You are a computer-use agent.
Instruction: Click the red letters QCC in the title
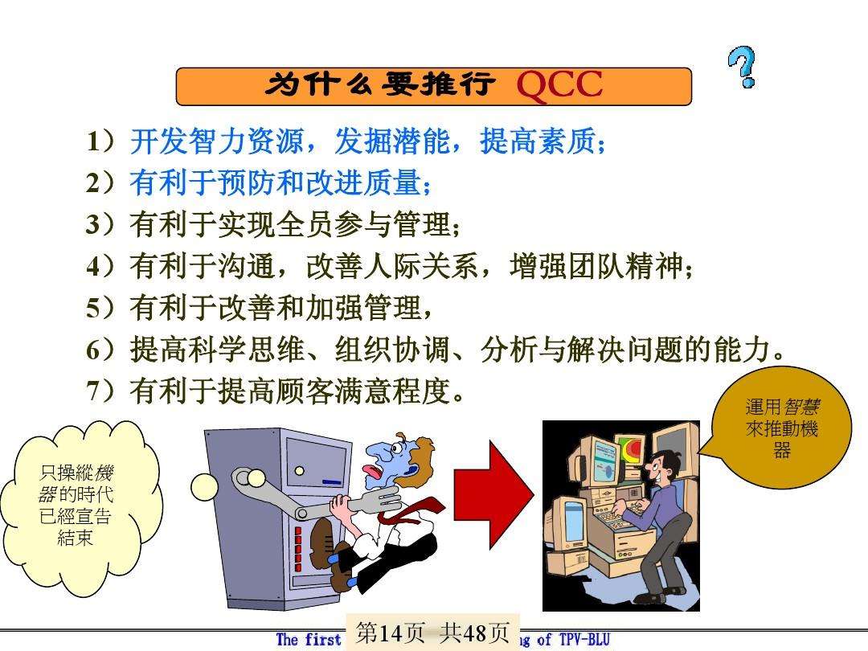click(x=559, y=86)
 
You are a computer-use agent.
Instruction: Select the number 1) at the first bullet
click(x=103, y=143)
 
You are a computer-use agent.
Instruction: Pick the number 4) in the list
click(x=103, y=266)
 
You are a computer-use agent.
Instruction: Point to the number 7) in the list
click(x=103, y=391)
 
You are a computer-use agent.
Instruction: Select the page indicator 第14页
click(x=390, y=633)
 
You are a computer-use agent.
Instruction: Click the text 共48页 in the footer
click(x=476, y=633)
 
